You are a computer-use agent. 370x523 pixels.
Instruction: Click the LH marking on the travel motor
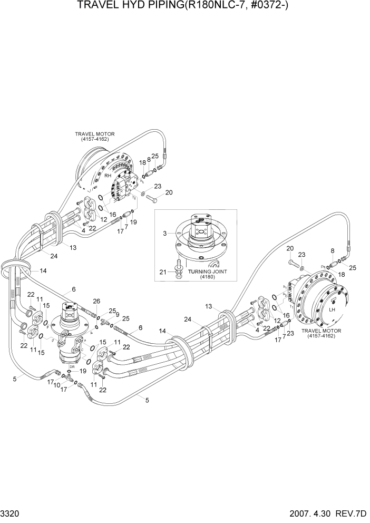(x=332, y=309)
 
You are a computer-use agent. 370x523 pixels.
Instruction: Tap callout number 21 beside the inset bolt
(x=164, y=272)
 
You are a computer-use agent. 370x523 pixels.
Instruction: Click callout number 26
(x=95, y=302)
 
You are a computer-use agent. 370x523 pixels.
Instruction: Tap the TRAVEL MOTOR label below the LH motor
(x=321, y=334)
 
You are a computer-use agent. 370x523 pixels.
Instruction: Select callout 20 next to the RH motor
(x=169, y=193)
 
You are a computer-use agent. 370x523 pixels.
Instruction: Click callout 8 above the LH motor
(x=333, y=251)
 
